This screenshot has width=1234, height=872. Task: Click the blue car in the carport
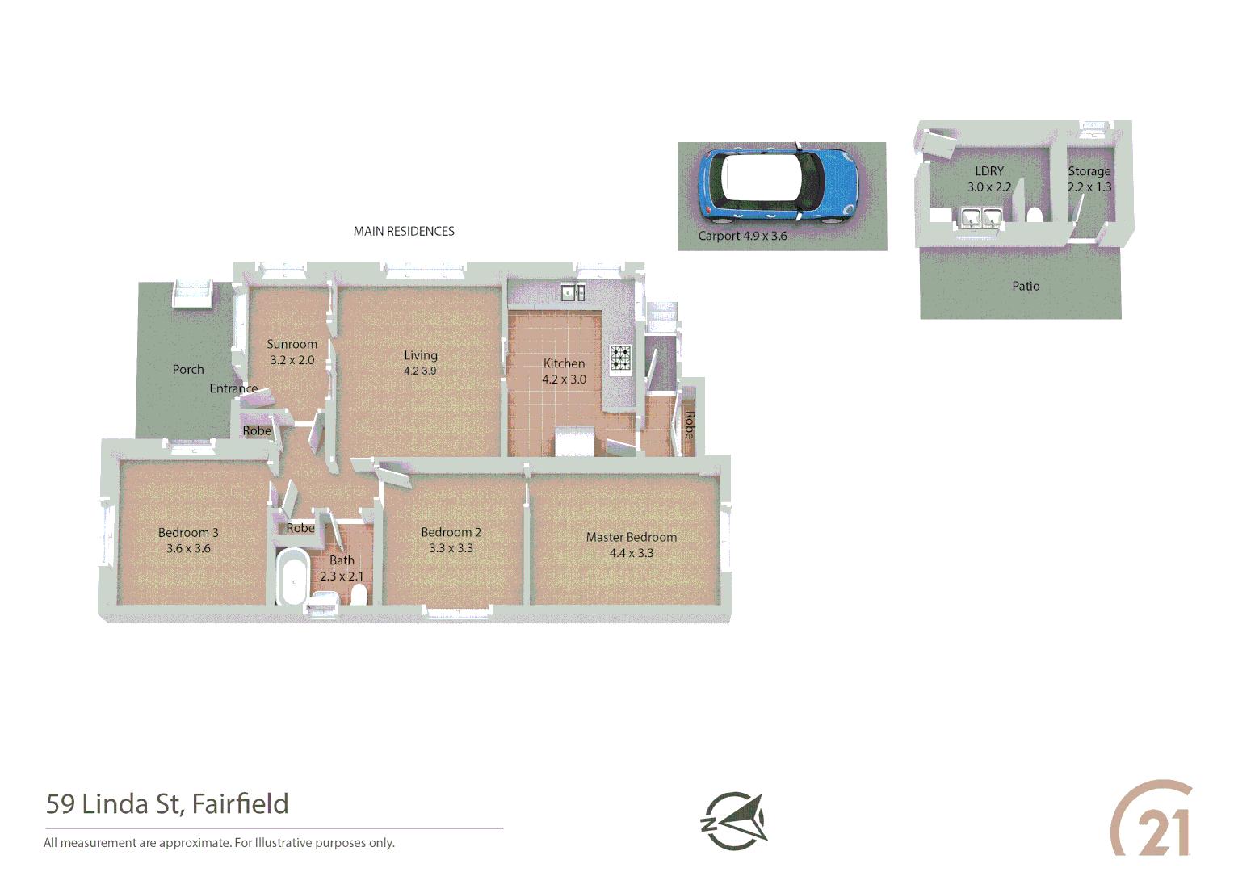(x=777, y=184)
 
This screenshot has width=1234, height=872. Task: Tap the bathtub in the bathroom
(x=292, y=576)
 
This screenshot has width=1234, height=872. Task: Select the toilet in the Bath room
(x=359, y=595)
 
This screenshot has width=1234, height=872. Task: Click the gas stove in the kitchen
(x=620, y=358)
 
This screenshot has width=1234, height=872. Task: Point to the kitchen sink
(x=573, y=292)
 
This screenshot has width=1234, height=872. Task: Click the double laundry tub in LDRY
(x=980, y=216)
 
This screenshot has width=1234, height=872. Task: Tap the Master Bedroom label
(x=632, y=537)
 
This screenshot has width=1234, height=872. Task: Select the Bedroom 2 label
(x=451, y=532)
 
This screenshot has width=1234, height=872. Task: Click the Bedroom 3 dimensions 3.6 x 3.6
(x=188, y=548)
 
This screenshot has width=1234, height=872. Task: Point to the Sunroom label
(x=292, y=344)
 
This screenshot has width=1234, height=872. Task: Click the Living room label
(x=420, y=355)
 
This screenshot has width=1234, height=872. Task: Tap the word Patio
(x=1026, y=286)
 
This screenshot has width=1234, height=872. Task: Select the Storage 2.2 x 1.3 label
(x=1089, y=178)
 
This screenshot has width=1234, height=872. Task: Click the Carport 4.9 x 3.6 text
(x=742, y=236)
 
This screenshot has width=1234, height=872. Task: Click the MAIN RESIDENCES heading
(x=404, y=231)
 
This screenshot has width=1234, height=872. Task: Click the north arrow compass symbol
(x=733, y=821)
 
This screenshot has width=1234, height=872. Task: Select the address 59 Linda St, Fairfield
(x=167, y=803)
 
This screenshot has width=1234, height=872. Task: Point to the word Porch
(x=188, y=369)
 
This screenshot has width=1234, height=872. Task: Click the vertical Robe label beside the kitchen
(x=689, y=425)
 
